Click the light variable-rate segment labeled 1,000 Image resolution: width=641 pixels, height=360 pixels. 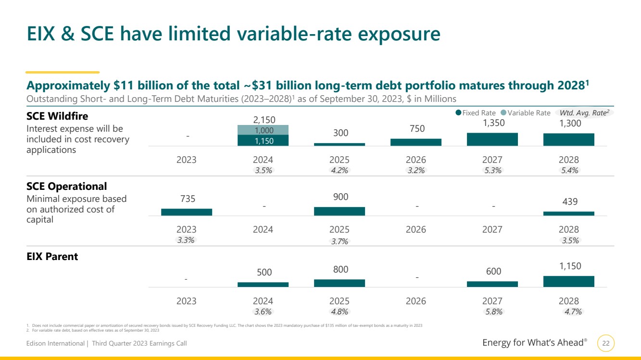tap(263, 130)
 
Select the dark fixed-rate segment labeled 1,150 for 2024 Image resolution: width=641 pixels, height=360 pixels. tap(263, 140)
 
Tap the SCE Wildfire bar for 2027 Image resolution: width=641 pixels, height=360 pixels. tap(492, 139)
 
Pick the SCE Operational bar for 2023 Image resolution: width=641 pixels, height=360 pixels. tap(187, 212)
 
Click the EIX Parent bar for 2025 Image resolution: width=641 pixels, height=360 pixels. tap(339, 283)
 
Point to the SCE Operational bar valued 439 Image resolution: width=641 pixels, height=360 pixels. tap(568, 213)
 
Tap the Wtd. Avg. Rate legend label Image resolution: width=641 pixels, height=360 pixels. tap(581, 113)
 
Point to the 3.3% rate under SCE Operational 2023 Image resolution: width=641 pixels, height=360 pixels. tap(186, 240)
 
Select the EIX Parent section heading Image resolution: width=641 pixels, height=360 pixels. tap(52, 257)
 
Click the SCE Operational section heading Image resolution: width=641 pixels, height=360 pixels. tap(66, 186)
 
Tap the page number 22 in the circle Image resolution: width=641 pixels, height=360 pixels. tap(606, 343)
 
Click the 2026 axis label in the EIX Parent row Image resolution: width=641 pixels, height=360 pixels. tap(415, 301)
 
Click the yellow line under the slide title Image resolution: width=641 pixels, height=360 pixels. tap(63, 72)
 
